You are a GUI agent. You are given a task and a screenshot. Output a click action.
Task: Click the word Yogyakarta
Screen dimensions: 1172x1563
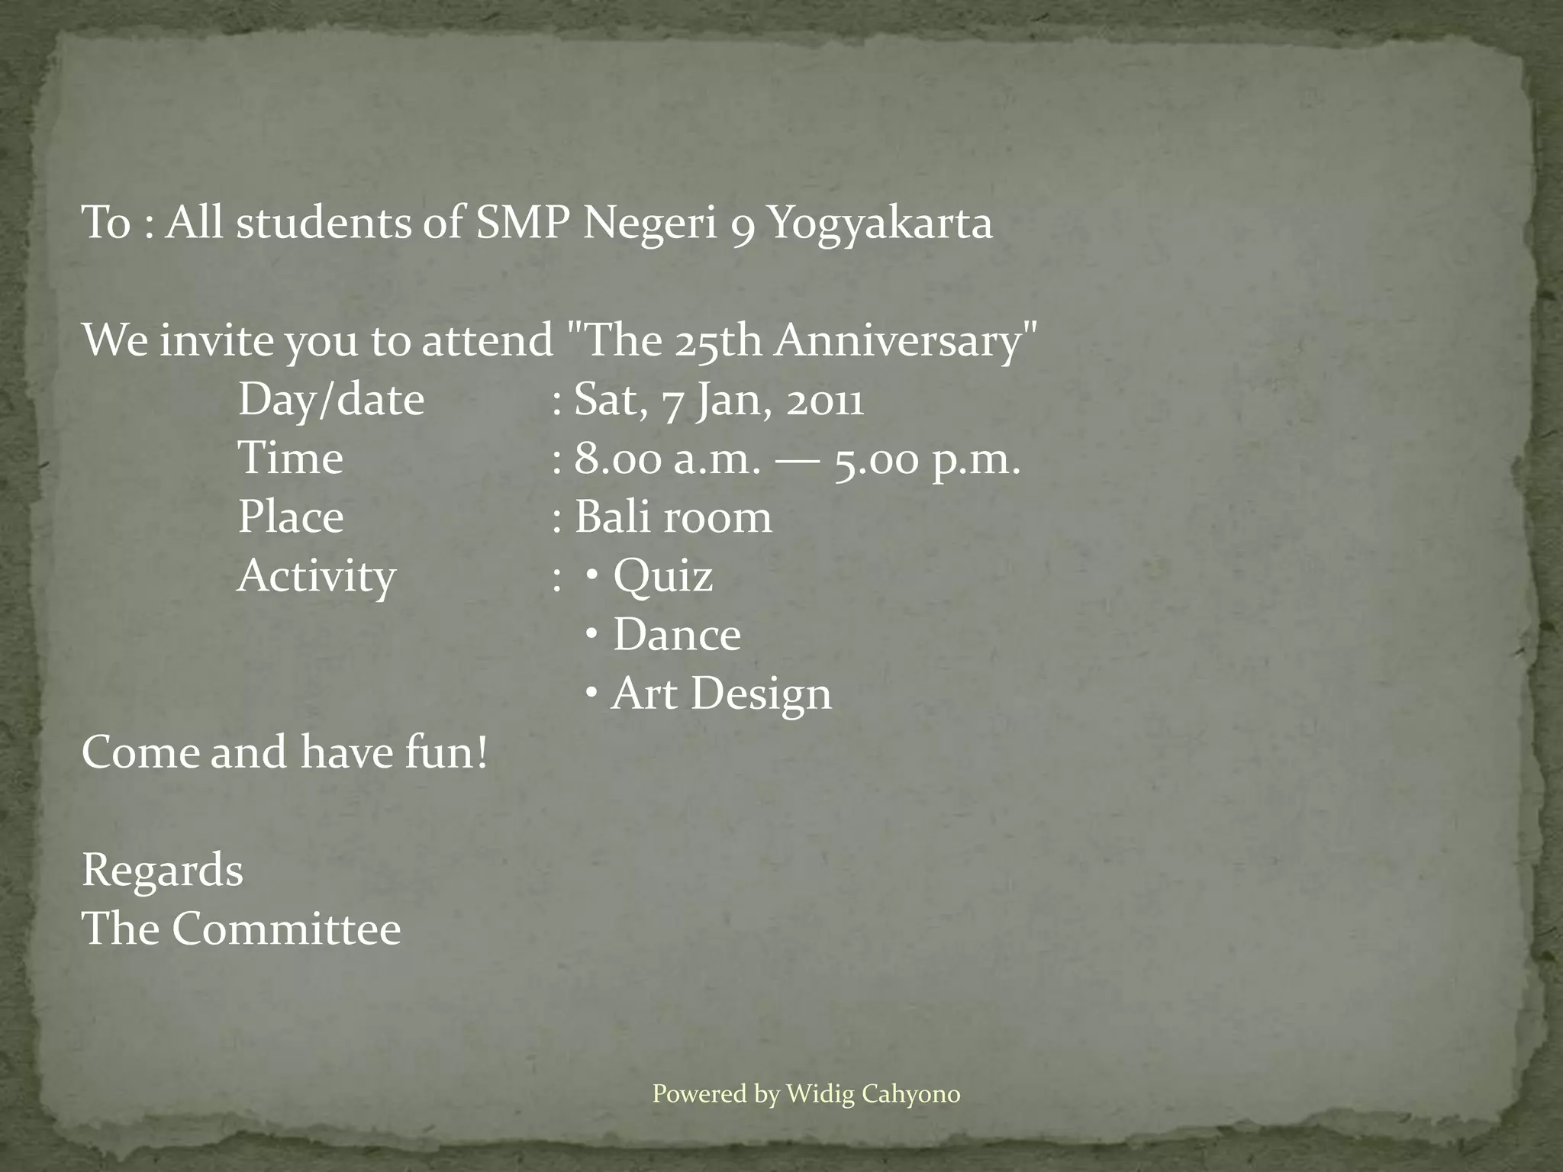tap(879, 224)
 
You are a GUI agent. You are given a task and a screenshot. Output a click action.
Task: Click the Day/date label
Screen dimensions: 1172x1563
tap(331, 400)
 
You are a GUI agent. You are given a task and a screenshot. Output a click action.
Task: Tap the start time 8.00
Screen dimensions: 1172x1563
tap(617, 459)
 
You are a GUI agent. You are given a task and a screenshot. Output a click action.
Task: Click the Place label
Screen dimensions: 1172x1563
tap(291, 517)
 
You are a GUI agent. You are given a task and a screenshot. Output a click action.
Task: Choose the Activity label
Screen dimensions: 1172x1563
tap(317, 576)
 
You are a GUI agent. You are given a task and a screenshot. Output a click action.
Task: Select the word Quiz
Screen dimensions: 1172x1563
tap(662, 575)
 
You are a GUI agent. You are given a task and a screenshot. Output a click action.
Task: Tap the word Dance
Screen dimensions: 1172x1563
tap(676, 635)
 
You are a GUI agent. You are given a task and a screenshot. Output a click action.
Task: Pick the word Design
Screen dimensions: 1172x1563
tap(761, 694)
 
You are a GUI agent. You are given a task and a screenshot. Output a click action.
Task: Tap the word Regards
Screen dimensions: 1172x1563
tap(163, 871)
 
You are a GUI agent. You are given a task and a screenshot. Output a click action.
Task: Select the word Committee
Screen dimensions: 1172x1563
tap(285, 929)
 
